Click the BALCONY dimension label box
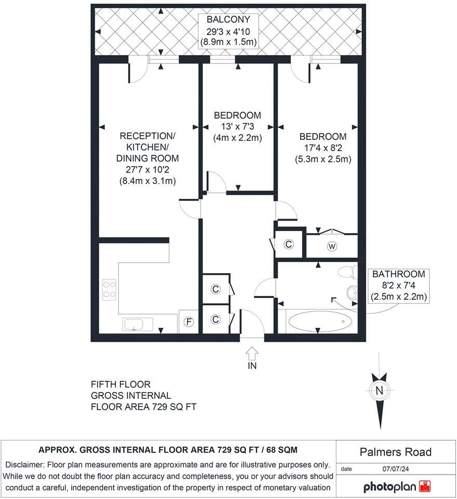click(x=228, y=31)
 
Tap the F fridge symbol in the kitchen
click(x=190, y=323)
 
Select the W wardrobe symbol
click(x=331, y=247)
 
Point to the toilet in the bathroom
click(x=347, y=272)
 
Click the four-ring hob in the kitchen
click(x=110, y=289)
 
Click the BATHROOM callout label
click(x=398, y=286)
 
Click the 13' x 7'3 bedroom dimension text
click(x=237, y=127)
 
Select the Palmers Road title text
click(x=396, y=452)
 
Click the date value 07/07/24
click(x=396, y=468)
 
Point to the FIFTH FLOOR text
click(x=120, y=385)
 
